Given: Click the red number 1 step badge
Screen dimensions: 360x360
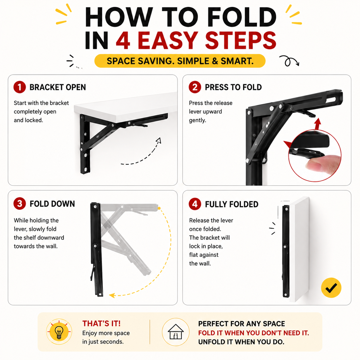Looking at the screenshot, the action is click(20, 87).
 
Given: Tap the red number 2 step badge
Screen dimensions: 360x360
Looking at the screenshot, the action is click(195, 87).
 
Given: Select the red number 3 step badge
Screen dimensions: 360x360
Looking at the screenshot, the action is click(20, 204).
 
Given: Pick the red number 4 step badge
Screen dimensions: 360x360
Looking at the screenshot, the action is click(195, 204).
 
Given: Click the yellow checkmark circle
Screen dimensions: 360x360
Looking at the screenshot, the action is click(331, 288).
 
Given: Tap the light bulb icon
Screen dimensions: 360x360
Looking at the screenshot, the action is click(59, 332).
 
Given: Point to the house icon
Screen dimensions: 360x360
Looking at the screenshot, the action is click(176, 332).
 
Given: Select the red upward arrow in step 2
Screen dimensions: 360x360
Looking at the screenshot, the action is click(318, 124).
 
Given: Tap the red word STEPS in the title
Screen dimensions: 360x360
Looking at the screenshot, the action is click(241, 40).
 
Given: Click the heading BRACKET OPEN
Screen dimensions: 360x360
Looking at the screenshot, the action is click(58, 87).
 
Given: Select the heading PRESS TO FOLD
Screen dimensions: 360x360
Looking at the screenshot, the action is click(233, 87).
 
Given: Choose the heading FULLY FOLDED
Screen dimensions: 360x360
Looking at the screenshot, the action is click(232, 204).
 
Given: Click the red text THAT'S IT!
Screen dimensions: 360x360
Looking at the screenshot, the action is click(101, 323).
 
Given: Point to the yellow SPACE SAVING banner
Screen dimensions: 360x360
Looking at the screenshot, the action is click(180, 61).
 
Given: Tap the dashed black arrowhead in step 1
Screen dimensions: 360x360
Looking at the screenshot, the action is click(159, 140).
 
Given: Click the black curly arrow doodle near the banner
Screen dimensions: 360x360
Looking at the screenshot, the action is click(289, 61).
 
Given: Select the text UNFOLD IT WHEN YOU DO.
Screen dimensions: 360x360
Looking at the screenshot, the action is click(241, 342).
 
